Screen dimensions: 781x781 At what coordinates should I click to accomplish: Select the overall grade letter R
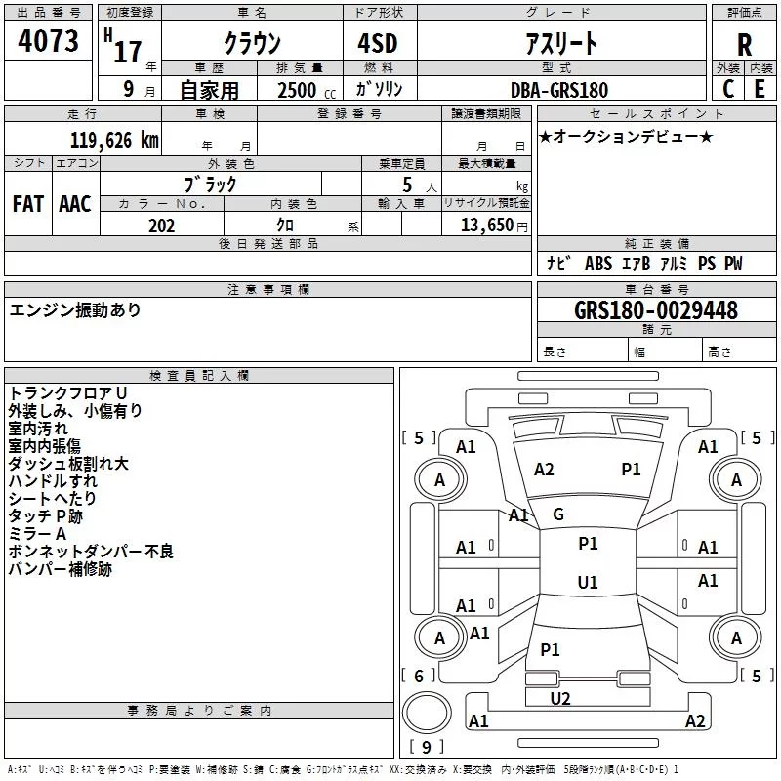pyautogui.click(x=744, y=44)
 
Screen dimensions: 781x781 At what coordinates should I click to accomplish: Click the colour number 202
pyautogui.click(x=161, y=226)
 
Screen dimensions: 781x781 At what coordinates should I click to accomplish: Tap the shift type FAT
pyautogui.click(x=27, y=204)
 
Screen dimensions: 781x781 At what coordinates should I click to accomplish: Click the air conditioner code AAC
pyautogui.click(x=75, y=204)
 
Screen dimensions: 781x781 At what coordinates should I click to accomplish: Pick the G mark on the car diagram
pyautogui.click(x=557, y=514)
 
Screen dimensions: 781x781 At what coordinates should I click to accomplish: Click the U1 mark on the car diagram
pyautogui.click(x=587, y=583)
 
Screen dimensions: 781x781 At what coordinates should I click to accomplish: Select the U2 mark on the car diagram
pyautogui.click(x=559, y=698)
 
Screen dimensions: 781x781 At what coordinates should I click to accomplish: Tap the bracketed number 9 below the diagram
pyautogui.click(x=426, y=747)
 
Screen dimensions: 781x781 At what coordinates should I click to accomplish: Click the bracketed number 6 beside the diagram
pyautogui.click(x=419, y=676)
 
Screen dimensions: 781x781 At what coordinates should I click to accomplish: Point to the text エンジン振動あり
pyautogui.click(x=75, y=310)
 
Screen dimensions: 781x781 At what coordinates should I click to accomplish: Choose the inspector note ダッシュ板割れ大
pyautogui.click(x=68, y=464)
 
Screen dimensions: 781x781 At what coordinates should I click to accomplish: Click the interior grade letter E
pyautogui.click(x=759, y=89)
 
